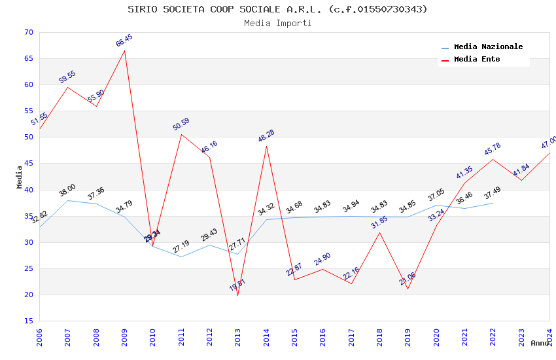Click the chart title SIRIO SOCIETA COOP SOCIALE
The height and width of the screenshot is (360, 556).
click(x=277, y=9)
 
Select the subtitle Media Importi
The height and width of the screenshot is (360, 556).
click(x=277, y=23)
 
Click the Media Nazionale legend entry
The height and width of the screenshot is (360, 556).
click(x=488, y=46)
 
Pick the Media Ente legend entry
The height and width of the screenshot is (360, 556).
click(x=477, y=59)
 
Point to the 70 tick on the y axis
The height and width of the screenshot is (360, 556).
click(x=27, y=32)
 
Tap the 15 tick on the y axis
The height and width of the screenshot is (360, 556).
click(x=27, y=321)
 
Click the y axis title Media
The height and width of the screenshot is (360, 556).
click(x=19, y=177)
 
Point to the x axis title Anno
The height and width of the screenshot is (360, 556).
click(x=540, y=343)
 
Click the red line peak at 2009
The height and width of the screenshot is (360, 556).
click(x=124, y=50)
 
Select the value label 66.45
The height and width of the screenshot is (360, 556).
click(x=124, y=41)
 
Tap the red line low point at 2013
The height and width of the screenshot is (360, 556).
click(x=237, y=295)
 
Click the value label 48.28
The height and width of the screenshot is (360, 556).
click(x=266, y=136)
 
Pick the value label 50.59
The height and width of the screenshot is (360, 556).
click(x=181, y=124)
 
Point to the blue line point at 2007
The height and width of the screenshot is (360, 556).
click(x=67, y=200)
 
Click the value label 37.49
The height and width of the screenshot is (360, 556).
click(x=493, y=194)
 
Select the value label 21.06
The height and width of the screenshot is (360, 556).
click(x=408, y=279)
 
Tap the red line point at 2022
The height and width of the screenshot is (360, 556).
click(x=493, y=159)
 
